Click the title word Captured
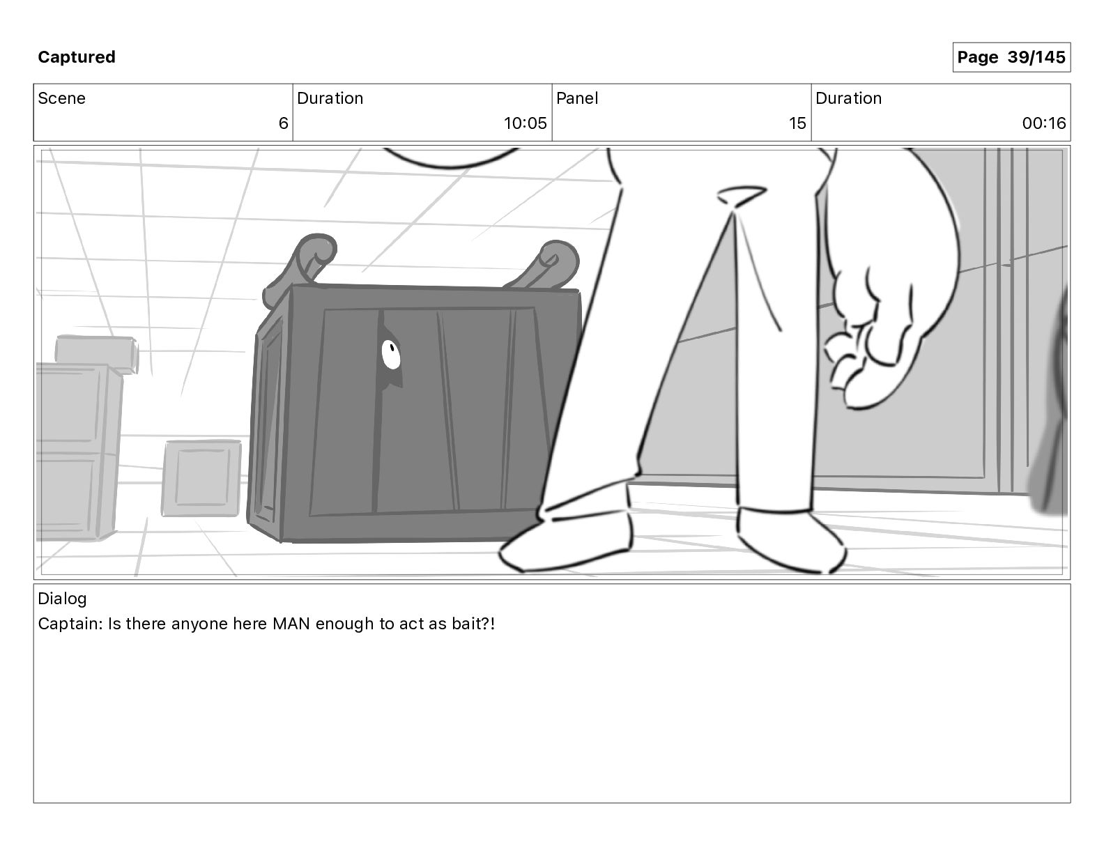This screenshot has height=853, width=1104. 77,57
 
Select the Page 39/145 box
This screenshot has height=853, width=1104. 1011,57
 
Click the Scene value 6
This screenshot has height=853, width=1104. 283,123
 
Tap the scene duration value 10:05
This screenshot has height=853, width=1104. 525,123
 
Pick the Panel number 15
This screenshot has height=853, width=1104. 797,123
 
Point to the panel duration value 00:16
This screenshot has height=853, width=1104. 1043,123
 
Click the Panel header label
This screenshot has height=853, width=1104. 577,98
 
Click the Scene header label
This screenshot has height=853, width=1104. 61,98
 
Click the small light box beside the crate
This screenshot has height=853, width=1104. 201,478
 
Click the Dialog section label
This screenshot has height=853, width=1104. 62,599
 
